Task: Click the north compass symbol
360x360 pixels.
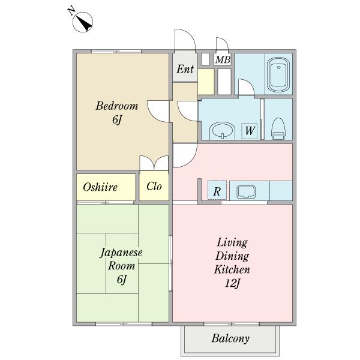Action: pyautogui.click(x=83, y=22)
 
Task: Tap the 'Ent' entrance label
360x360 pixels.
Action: pyautogui.click(x=185, y=69)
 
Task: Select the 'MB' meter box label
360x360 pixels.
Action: pyautogui.click(x=223, y=59)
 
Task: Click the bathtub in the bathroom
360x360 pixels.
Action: pyautogui.click(x=278, y=74)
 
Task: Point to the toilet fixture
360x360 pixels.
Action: pyautogui.click(x=278, y=128)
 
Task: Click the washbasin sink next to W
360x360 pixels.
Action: pyautogui.click(x=222, y=130)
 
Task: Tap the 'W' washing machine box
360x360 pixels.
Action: pyautogui.click(x=250, y=131)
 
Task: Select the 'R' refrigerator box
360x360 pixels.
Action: pyautogui.click(x=217, y=190)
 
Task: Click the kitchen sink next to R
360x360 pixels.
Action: pyautogui.click(x=246, y=192)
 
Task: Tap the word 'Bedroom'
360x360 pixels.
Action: pyautogui.click(x=117, y=106)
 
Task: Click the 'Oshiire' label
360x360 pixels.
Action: pyautogui.click(x=100, y=187)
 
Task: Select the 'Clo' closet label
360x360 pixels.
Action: pyautogui.click(x=154, y=186)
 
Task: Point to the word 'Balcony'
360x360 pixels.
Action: pyautogui.click(x=230, y=338)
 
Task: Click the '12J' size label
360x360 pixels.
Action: pyautogui.click(x=232, y=283)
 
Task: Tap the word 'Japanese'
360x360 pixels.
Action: pyautogui.click(x=121, y=253)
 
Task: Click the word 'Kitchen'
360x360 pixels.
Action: pyautogui.click(x=232, y=269)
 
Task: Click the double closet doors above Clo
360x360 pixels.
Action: pyautogui.click(x=154, y=163)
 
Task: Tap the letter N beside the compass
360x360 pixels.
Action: pyautogui.click(x=71, y=11)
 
